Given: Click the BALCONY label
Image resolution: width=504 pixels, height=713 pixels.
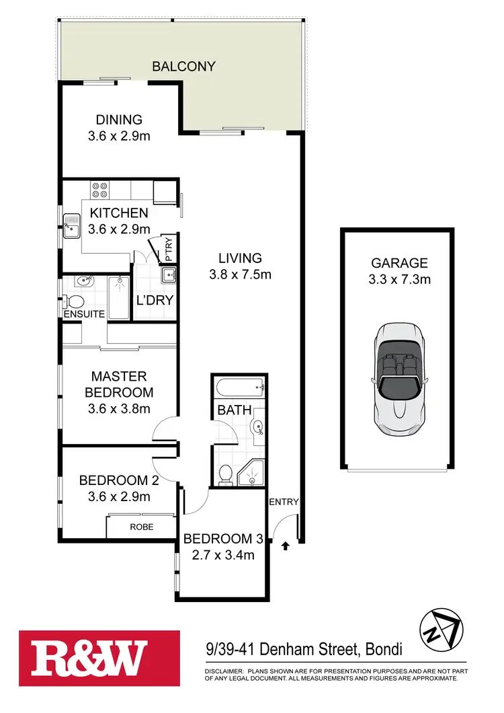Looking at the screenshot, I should point(183,66).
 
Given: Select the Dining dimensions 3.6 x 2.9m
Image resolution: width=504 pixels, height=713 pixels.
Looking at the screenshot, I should point(119,136).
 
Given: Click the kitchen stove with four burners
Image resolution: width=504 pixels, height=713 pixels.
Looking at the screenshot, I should point(100,190).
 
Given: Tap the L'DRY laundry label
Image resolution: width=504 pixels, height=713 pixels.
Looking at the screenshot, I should point(155,301).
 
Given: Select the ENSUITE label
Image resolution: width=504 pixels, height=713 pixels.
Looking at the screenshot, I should point(84,314).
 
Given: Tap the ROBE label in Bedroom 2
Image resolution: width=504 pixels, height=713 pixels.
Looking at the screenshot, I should point(142,527).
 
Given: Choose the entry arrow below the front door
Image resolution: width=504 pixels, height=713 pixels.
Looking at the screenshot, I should point(285,546).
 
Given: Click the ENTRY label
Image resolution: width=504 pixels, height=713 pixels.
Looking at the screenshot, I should point(284,502).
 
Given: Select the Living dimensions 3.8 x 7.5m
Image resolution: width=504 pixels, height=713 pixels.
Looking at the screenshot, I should point(239,274).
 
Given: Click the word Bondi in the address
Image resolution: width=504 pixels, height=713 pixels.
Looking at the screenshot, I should point(384,650).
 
